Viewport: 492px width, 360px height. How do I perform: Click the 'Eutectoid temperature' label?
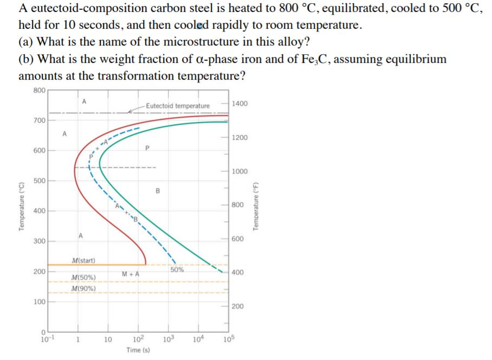click(177, 106)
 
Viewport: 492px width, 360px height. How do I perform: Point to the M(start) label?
click(83, 261)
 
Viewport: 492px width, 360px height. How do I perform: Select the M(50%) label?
click(83, 277)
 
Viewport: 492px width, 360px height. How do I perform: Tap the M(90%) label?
click(83, 288)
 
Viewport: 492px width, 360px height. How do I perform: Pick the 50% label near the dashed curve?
click(177, 269)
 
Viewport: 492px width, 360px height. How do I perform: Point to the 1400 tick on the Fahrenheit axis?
click(239, 103)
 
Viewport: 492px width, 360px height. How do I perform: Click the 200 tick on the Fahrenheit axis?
click(238, 306)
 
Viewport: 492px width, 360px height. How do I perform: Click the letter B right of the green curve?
click(158, 190)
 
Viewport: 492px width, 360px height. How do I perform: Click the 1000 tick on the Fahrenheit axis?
click(239, 171)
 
